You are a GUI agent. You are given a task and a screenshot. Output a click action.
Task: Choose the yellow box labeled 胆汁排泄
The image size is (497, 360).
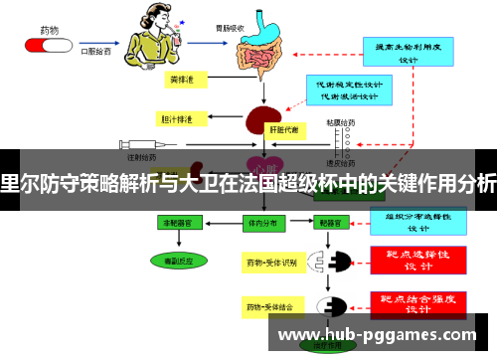(x=178, y=119)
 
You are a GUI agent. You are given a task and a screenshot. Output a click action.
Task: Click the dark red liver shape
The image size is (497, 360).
(x=260, y=123)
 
